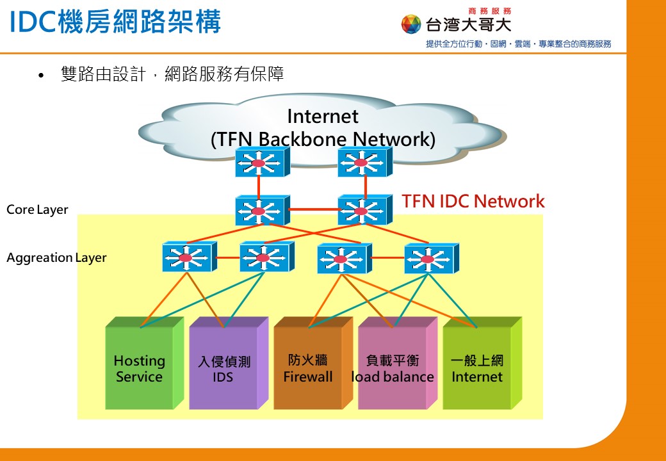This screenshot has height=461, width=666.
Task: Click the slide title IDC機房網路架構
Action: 115,22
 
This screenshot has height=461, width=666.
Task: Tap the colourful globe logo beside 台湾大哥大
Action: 410,24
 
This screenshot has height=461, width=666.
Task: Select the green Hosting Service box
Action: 145,363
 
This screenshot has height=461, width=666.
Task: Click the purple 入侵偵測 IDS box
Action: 229,363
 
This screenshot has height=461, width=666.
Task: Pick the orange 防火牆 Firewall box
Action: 313,363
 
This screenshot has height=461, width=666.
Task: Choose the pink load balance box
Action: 398,363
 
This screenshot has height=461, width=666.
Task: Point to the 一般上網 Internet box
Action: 482,363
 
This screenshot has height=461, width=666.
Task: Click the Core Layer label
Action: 37,210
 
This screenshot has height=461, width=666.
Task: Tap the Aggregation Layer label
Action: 56,257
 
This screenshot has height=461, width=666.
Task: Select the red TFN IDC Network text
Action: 473,201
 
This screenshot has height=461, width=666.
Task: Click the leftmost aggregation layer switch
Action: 190,257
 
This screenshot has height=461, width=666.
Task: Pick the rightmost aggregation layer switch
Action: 432,258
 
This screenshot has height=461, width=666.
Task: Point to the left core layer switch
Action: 263,210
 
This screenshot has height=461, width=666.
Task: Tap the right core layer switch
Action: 365,210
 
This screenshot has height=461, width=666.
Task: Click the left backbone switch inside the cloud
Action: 263,162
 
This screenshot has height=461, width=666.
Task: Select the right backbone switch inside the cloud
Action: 365,162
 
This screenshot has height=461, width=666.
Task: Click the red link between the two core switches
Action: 314,209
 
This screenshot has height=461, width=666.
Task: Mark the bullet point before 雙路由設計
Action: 41,76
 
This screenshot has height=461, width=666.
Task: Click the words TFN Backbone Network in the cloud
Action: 323,139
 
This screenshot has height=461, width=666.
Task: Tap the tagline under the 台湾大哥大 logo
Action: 519,44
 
